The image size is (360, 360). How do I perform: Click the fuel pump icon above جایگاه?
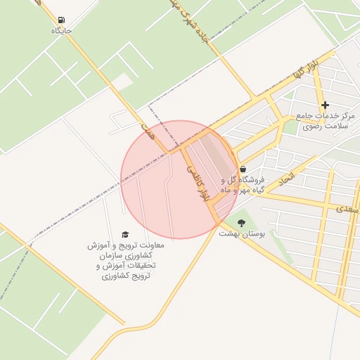coord(62,20)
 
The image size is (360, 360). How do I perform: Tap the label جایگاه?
coord(62,31)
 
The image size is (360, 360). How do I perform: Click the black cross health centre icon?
coord(325,105)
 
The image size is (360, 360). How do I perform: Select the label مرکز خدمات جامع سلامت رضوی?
coord(325,120)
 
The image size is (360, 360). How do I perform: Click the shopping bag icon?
coord(243,169)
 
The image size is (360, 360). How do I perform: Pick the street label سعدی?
coord(348,208)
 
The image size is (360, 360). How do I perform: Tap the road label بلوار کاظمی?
coord(198,185)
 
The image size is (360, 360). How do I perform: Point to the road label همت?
coord(147,131)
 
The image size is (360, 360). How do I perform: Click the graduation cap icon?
coord(125,234)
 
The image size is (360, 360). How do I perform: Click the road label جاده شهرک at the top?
coord(191,21)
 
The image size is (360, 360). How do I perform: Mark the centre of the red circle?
coord(179,179)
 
